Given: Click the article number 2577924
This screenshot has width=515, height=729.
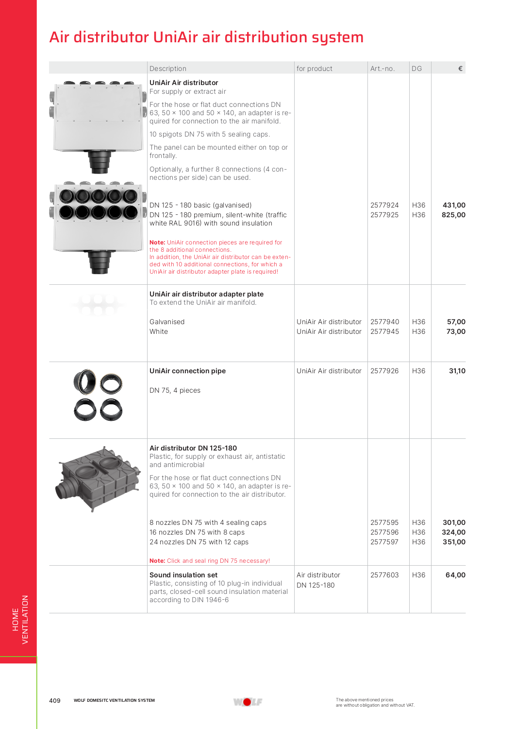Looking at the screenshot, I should [384, 205].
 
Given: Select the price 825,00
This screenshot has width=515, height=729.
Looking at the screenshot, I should [453, 215].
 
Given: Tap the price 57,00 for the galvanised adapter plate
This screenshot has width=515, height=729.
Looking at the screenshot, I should [456, 322].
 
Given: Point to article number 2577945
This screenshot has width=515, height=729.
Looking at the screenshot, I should [384, 331].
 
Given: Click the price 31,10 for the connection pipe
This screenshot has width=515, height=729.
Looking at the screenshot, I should [457, 371].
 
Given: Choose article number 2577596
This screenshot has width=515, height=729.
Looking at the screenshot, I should [384, 532].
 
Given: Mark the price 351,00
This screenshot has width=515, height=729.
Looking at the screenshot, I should [454, 542].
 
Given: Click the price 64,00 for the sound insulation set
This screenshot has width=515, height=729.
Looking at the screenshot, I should [455, 575].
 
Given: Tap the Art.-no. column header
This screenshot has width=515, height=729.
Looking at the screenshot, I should [382, 69].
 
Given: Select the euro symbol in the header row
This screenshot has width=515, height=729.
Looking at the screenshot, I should [460, 69].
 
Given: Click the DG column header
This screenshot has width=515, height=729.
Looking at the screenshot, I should [416, 69].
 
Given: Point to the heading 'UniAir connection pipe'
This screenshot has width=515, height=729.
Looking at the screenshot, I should [187, 371].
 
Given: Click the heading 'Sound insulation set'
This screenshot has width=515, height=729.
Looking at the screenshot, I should [183, 575].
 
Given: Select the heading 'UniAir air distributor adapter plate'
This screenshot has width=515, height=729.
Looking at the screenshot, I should [206, 294].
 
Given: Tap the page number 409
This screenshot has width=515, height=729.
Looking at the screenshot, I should [55, 700].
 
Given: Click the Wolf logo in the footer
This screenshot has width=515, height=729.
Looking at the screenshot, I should [248, 702].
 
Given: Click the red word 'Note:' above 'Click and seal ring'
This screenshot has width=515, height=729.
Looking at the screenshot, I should [157, 561].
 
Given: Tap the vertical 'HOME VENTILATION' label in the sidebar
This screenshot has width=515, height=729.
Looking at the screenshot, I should [20, 620].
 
